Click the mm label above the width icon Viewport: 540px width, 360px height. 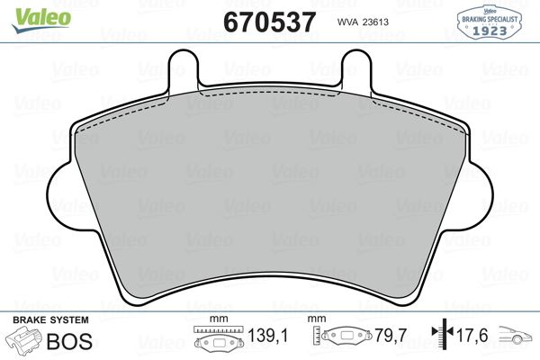click(215, 319)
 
